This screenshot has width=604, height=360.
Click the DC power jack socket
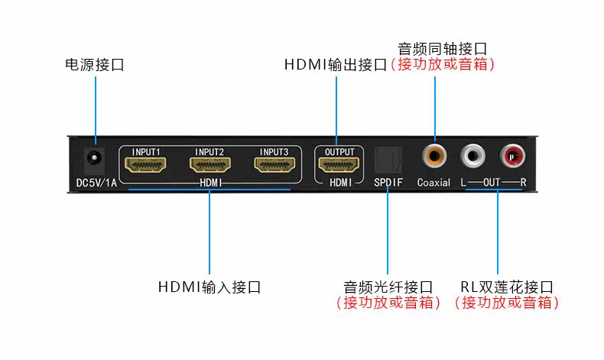(x=94, y=158)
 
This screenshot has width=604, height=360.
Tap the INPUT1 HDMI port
(x=145, y=165)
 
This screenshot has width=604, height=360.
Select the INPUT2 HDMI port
(x=210, y=165)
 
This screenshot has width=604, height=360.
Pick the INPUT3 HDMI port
(x=274, y=165)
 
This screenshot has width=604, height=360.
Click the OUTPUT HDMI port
(x=339, y=165)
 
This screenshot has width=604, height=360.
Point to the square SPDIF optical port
(x=388, y=159)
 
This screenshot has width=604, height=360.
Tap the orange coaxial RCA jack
(x=434, y=156)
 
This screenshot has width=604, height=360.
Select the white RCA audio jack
(x=472, y=156)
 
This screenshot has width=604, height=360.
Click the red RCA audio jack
(x=512, y=156)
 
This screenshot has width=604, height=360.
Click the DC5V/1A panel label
(x=96, y=183)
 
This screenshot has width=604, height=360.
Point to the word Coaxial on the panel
(x=434, y=182)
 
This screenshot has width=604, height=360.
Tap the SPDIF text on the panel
(x=388, y=182)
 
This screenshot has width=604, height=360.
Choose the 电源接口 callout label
(x=95, y=65)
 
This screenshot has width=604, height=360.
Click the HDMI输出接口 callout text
(x=336, y=65)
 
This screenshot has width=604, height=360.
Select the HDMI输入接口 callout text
(x=209, y=287)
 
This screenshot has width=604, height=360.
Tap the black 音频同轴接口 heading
(x=442, y=49)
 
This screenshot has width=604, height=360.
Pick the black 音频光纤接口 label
(x=388, y=287)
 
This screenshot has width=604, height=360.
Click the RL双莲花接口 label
(x=507, y=287)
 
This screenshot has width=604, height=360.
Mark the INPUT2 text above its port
(x=209, y=152)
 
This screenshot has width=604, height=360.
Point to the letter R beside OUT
(x=523, y=182)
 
